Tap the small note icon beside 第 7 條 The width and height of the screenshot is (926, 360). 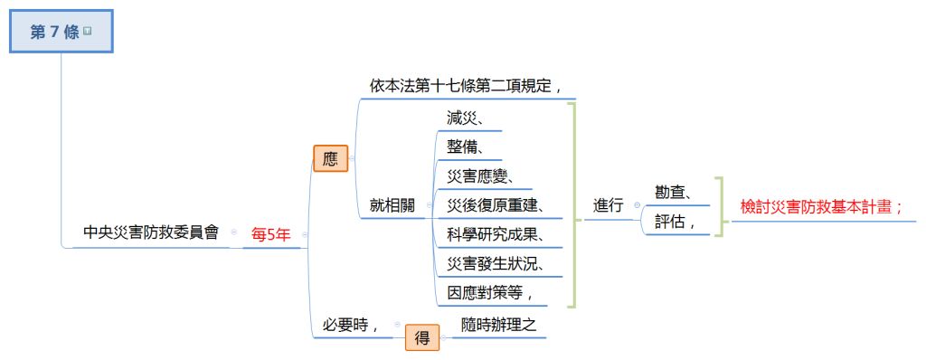88,31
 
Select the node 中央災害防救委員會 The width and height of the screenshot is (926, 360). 151,232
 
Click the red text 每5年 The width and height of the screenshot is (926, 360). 271,234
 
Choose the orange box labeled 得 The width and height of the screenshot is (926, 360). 422,338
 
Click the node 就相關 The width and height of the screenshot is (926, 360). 392,205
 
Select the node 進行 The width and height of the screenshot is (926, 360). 609,205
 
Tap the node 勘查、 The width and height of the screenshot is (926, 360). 675,192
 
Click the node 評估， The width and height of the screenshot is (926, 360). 675,221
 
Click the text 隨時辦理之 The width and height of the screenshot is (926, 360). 499,324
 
